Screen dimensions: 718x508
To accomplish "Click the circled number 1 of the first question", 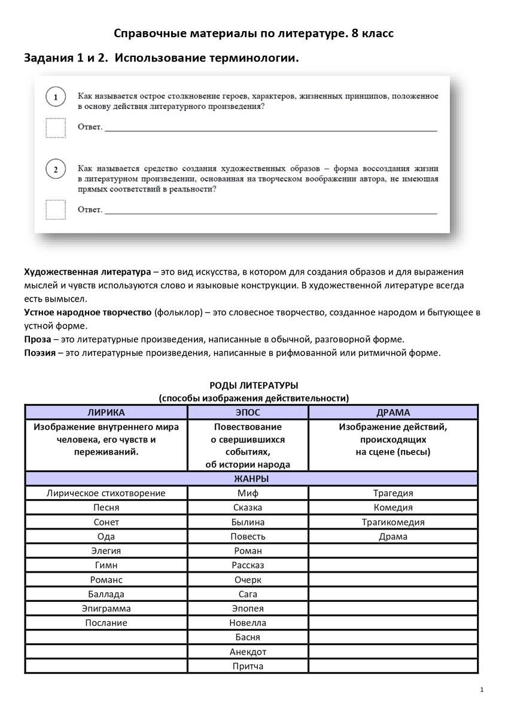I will [x=55, y=97].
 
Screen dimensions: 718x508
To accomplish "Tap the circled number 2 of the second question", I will [x=55, y=170].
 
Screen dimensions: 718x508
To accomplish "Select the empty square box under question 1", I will [x=56, y=127].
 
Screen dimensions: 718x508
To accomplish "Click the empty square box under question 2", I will [x=56, y=209].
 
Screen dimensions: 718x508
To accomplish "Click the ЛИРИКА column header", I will [x=106, y=412].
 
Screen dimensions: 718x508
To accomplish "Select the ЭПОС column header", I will [x=248, y=412].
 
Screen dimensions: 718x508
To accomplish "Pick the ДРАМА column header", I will [x=393, y=412].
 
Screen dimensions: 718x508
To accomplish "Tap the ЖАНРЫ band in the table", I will [x=251, y=479].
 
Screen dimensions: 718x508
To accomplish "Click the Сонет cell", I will [x=106, y=522].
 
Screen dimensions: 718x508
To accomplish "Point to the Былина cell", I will [x=248, y=522].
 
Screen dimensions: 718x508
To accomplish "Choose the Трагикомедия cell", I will [x=393, y=522].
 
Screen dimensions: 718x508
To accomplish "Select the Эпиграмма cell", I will [x=106, y=609].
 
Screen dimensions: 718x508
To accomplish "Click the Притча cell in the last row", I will [x=248, y=666].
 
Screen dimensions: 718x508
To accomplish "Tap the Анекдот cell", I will [x=248, y=652].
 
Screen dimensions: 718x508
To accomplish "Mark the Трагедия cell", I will [x=393, y=493].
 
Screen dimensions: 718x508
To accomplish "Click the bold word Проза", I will [x=36, y=339].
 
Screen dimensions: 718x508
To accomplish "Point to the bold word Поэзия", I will [x=40, y=352].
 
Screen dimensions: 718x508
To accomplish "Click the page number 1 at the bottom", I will [x=482, y=690].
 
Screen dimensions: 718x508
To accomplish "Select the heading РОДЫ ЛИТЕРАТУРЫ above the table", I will [x=254, y=385].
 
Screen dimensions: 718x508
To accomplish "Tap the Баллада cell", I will [x=106, y=594].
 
